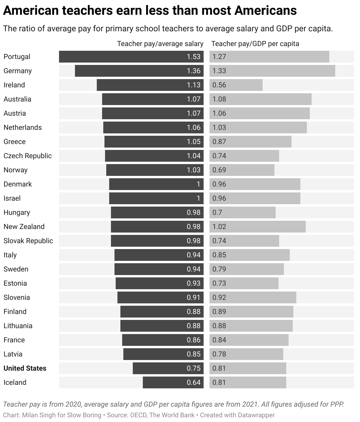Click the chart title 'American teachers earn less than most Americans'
(150, 11)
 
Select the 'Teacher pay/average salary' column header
(160, 44)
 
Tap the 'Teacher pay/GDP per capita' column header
(255, 44)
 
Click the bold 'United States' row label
(25, 368)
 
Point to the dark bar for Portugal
(131, 57)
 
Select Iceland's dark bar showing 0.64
(173, 382)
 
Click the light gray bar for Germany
(272, 71)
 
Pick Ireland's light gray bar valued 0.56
(236, 85)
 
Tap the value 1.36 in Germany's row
(194, 71)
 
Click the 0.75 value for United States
(194, 368)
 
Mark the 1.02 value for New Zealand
(219, 227)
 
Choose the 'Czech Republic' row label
(27, 156)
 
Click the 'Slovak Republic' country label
(28, 241)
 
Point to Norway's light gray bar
(242, 170)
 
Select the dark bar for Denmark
(156, 184)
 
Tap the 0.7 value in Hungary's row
(217, 212)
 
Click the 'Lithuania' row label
(18, 326)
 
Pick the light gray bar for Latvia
(246, 354)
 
